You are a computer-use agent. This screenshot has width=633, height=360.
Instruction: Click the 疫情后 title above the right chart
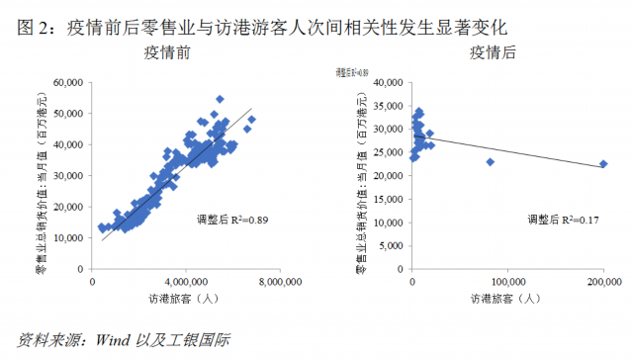493,51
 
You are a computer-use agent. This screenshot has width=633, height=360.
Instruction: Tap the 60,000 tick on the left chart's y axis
67,83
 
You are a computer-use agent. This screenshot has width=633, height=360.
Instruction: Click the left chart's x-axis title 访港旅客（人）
183,299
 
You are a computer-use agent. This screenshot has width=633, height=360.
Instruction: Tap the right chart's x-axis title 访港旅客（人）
505,299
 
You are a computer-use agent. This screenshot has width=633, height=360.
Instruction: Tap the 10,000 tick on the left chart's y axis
67,238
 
